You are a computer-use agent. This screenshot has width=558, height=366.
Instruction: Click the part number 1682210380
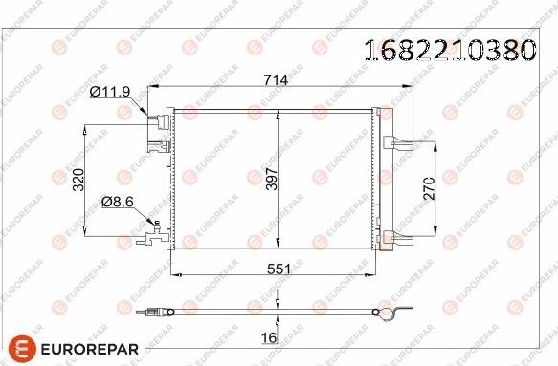tap(451, 50)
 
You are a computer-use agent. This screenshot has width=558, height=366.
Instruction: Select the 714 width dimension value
tap(276, 80)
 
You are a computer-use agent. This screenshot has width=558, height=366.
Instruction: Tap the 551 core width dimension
tap(279, 269)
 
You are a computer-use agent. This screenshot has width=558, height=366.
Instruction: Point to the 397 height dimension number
tap(272, 179)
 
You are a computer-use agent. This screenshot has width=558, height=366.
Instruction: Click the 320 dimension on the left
tap(78, 180)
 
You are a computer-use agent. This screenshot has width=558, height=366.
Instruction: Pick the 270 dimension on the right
tap(430, 187)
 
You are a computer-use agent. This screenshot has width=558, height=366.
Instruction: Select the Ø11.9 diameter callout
tap(110, 92)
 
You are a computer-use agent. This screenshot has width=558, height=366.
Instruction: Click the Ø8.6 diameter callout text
tap(118, 202)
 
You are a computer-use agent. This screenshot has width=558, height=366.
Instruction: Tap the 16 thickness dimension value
tap(269, 338)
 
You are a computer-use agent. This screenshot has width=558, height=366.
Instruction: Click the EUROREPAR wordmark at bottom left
tap(90, 349)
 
